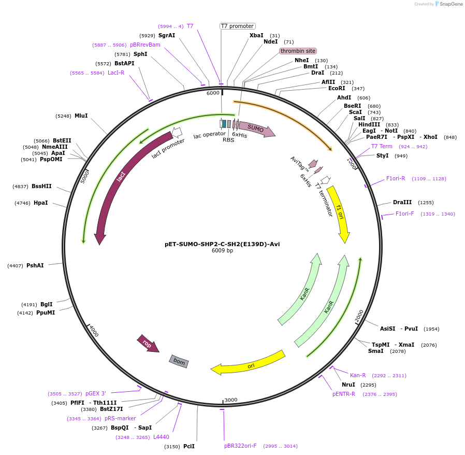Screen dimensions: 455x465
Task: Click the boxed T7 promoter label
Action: [237, 26]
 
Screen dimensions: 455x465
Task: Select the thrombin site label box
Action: [298, 51]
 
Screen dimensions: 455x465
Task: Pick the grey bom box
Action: [179, 361]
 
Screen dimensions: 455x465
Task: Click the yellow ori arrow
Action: [249, 363]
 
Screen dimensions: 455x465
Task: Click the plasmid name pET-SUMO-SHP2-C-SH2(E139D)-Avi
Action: [222, 244]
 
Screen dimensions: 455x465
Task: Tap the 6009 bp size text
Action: [222, 251]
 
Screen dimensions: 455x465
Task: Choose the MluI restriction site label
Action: [81, 116]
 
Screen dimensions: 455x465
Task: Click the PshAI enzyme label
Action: [35, 265]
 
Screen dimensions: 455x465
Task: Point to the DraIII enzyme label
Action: [402, 203]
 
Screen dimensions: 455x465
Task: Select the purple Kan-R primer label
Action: [358, 375]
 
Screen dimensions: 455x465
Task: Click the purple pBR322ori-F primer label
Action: [240, 446]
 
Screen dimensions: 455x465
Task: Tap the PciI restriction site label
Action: [189, 446]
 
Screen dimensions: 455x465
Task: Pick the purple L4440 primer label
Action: [161, 437]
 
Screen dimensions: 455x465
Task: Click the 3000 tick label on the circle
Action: [231, 400]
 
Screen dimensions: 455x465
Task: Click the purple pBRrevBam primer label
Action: [145, 45]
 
